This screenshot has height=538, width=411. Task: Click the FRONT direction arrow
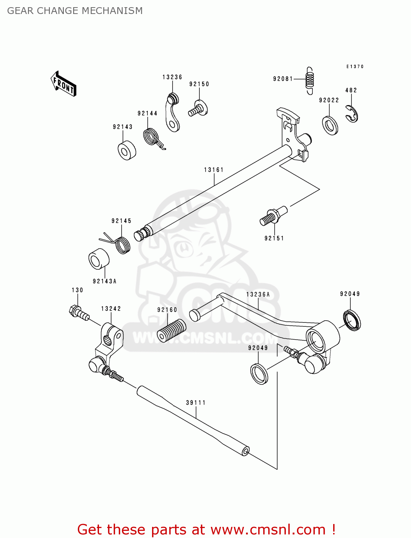[x=63, y=84]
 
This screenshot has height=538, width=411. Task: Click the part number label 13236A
[x=258, y=294]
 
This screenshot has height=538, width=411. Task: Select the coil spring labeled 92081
[x=310, y=81]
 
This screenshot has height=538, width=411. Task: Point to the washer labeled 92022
[x=330, y=126]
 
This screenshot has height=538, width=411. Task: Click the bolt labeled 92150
[x=198, y=108]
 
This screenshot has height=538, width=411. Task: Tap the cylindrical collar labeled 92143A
[x=99, y=259]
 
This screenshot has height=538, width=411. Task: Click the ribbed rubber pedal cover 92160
[x=171, y=330]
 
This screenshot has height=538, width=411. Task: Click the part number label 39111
[x=196, y=403]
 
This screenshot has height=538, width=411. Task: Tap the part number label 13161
[x=214, y=170]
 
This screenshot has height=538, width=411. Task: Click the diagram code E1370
[x=355, y=67]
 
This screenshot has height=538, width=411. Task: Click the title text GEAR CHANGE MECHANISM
[x=75, y=11]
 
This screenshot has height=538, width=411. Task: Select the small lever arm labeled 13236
[x=173, y=113]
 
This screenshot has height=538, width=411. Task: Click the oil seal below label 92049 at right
[x=352, y=320]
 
